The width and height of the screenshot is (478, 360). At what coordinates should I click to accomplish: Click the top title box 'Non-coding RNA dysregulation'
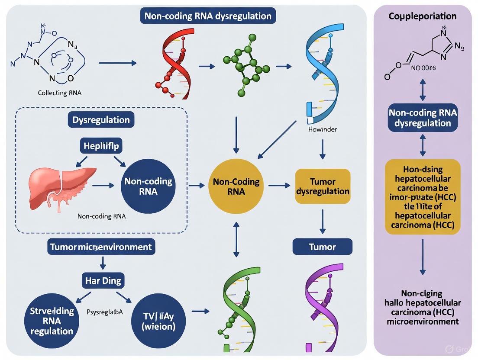pyautogui.click(x=208, y=16)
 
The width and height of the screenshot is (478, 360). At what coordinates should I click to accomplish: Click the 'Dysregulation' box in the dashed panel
pyautogui.click(x=101, y=119)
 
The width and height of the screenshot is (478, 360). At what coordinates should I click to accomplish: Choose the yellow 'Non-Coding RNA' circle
pyautogui.click(x=236, y=186)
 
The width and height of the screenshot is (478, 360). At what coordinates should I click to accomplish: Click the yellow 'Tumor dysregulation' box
pyautogui.click(x=323, y=186)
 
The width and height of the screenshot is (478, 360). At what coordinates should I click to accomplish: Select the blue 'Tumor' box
pyautogui.click(x=323, y=247)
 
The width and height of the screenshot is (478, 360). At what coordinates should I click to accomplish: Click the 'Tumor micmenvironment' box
pyautogui.click(x=101, y=247)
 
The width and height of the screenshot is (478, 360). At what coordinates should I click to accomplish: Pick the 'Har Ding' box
pyautogui.click(x=102, y=281)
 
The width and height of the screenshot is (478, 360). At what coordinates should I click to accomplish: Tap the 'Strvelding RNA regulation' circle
pyautogui.click(x=52, y=321)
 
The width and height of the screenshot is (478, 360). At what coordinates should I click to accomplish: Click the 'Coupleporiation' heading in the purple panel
pyautogui.click(x=423, y=16)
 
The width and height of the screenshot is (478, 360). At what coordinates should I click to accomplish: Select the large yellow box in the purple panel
pyautogui.click(x=423, y=196)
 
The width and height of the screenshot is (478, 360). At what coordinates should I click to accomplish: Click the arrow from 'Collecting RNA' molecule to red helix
pyautogui.click(x=117, y=63)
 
